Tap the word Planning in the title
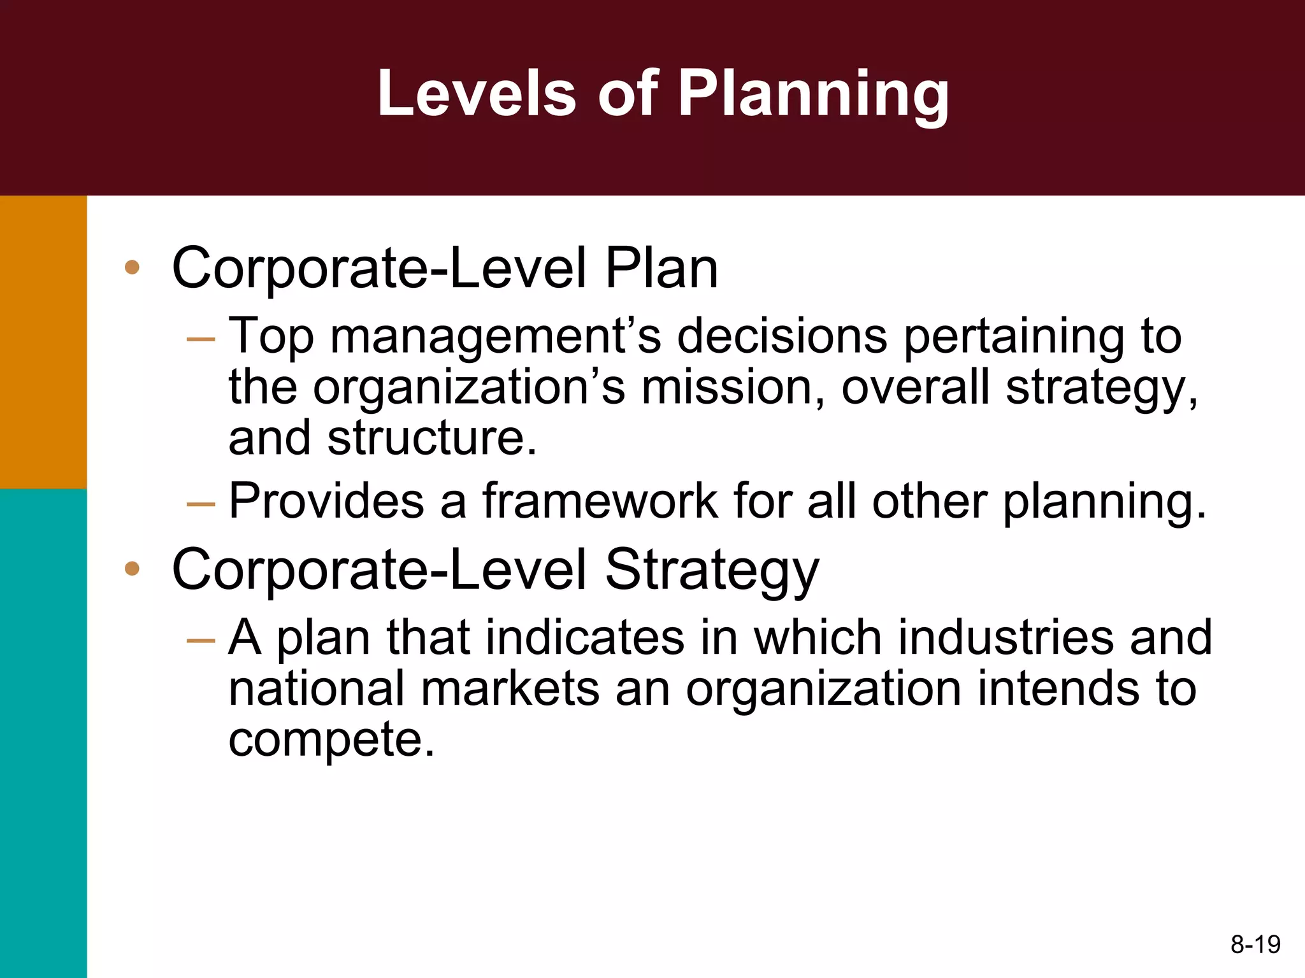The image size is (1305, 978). [x=813, y=94]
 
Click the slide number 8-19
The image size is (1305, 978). [x=1255, y=944]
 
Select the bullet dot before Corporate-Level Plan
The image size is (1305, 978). [x=132, y=267]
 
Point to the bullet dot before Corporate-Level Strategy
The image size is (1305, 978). [x=132, y=568]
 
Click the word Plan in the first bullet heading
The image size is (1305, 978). [x=661, y=269]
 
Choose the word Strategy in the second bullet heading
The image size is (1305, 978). [x=711, y=570]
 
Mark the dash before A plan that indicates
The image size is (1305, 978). [x=201, y=639]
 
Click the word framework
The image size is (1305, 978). [x=600, y=502]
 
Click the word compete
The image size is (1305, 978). [x=331, y=740]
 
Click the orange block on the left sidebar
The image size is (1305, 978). [x=43, y=342]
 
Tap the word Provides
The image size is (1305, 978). [x=326, y=502]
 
